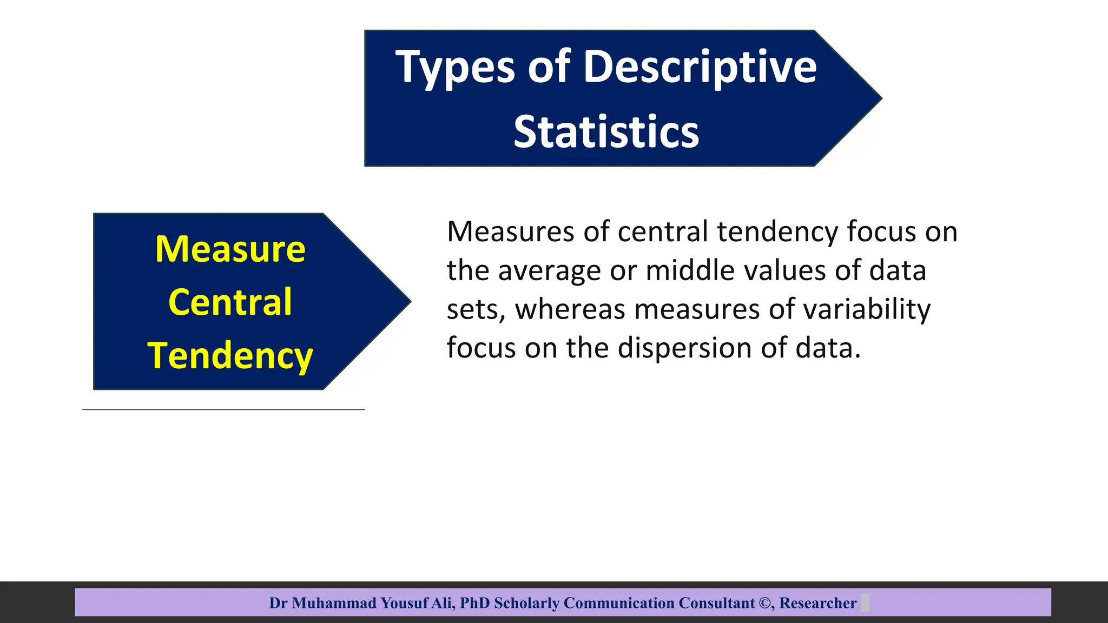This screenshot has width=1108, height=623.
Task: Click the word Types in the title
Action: pyautogui.click(x=455, y=68)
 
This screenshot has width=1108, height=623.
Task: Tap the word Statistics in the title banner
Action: pyautogui.click(x=606, y=132)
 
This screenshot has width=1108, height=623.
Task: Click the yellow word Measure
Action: pyautogui.click(x=230, y=249)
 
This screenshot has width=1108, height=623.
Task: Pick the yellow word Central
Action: pyautogui.click(x=230, y=302)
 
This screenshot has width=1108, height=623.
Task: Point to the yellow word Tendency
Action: pyautogui.click(x=230, y=356)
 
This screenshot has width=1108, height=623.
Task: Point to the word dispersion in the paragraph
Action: pyautogui.click(x=685, y=348)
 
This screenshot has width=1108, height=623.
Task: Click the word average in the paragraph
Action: pyautogui.click(x=549, y=270)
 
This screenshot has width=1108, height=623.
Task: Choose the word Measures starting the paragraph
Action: pyautogui.click(x=510, y=231)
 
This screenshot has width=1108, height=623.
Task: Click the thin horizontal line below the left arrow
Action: pyautogui.click(x=223, y=409)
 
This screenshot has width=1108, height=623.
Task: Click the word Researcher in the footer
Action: pyautogui.click(x=817, y=603)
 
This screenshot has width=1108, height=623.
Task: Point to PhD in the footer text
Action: pyautogui.click(x=474, y=603)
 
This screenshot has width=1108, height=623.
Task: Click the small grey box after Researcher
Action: pyautogui.click(x=865, y=602)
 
